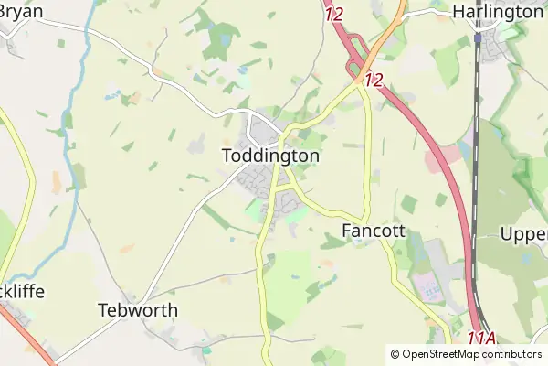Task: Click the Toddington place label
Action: coord(270,156)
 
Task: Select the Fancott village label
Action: coord(373,231)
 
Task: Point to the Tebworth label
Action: coord(137,310)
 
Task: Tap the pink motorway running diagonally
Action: coord(429,137)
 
